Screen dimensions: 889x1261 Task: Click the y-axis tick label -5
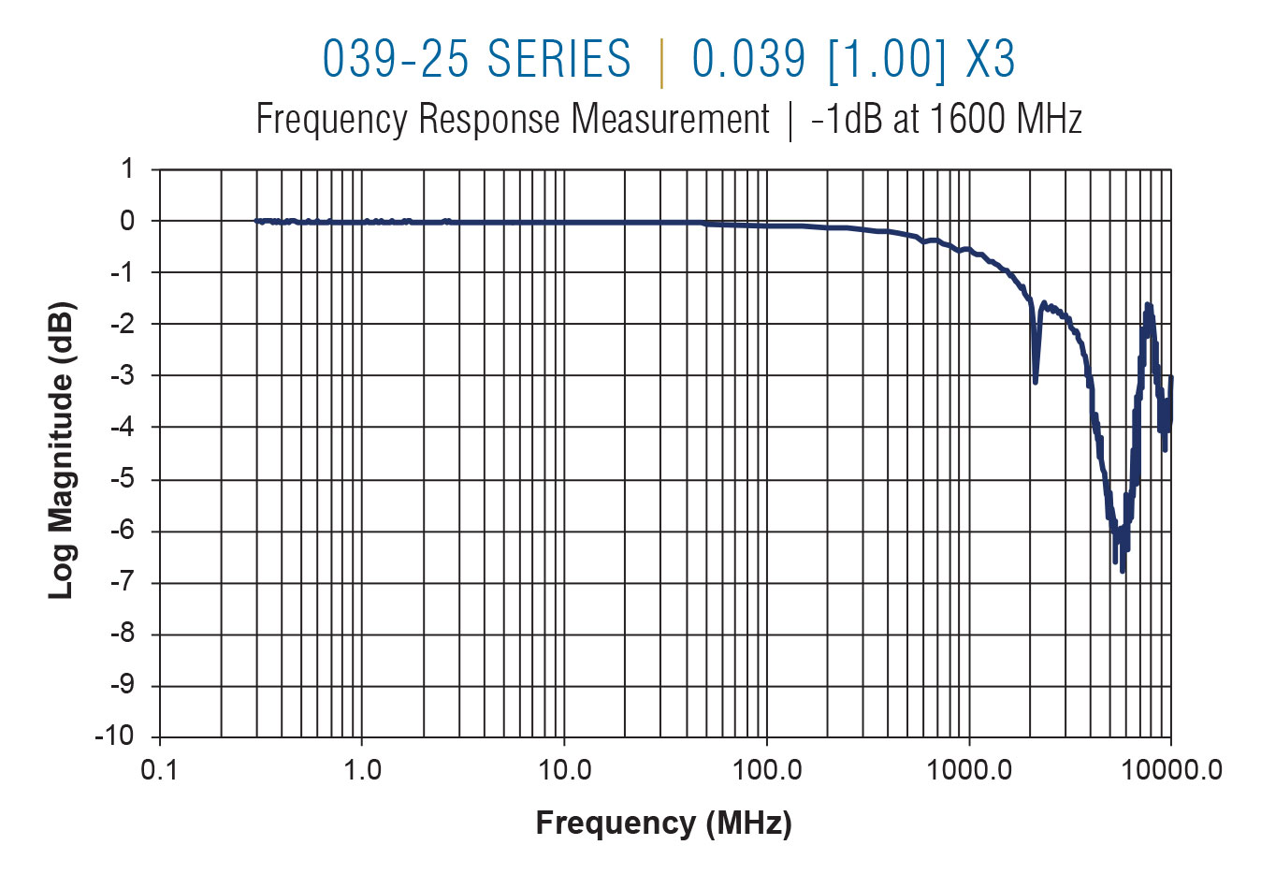(x=123, y=479)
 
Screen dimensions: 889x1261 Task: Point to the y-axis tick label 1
(x=128, y=169)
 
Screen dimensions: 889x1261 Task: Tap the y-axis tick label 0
(x=128, y=221)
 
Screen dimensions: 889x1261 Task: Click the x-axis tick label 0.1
(x=159, y=770)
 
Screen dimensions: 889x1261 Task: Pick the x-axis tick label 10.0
(x=564, y=770)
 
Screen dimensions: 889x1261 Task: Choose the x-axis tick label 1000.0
(x=969, y=770)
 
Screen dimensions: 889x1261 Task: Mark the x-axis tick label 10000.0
(x=1170, y=770)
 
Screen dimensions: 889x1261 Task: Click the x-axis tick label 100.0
(x=767, y=770)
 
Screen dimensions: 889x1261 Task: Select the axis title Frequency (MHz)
(x=663, y=823)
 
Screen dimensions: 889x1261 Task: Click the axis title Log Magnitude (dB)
(x=61, y=450)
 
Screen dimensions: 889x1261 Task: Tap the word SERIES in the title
(x=559, y=59)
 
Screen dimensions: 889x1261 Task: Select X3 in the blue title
(x=990, y=59)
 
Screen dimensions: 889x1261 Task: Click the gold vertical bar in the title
(x=662, y=62)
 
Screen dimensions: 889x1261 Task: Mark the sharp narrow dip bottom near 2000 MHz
(x=1035, y=381)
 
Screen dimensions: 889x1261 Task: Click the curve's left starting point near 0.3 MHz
(x=257, y=221)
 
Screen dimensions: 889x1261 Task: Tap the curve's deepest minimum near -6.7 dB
(x=1123, y=570)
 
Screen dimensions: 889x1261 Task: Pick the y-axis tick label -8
(x=123, y=634)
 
